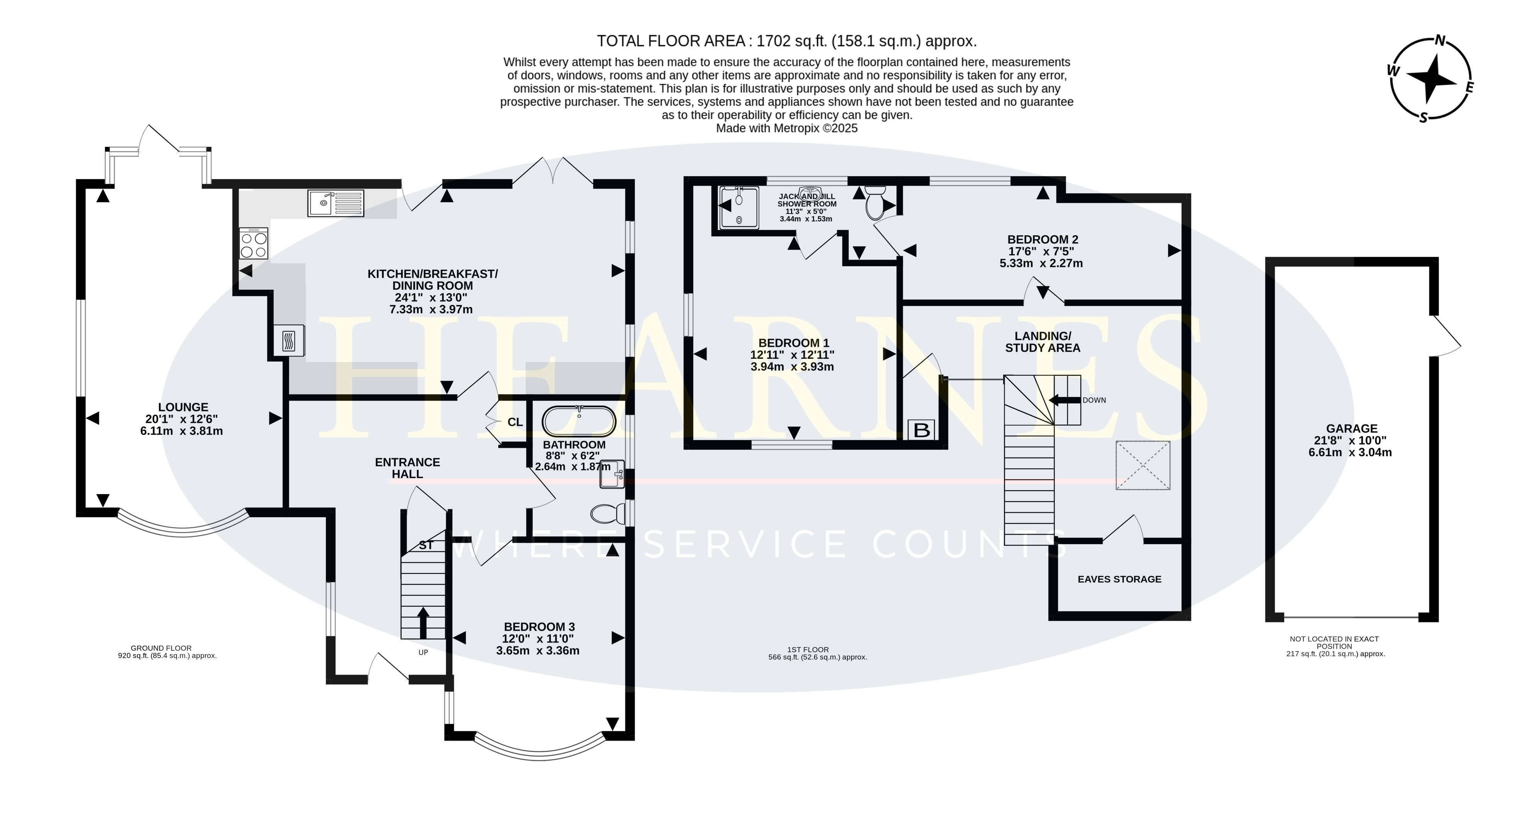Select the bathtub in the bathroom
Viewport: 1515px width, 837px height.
click(x=579, y=420)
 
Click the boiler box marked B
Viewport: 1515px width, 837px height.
click(x=922, y=430)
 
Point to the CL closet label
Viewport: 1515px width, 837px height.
click(x=515, y=422)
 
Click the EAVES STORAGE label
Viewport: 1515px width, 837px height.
click(x=1119, y=579)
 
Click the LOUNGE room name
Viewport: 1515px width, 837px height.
click(x=183, y=407)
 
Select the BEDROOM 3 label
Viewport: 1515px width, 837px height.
click(x=539, y=626)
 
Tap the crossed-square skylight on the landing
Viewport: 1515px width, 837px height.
click(x=1143, y=465)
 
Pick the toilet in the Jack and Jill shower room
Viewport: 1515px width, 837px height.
click(x=876, y=203)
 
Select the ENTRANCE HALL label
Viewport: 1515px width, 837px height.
click(x=408, y=468)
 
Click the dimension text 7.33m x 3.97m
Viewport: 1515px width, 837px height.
click(x=431, y=309)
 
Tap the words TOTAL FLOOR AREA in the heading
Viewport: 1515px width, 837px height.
click(x=671, y=41)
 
